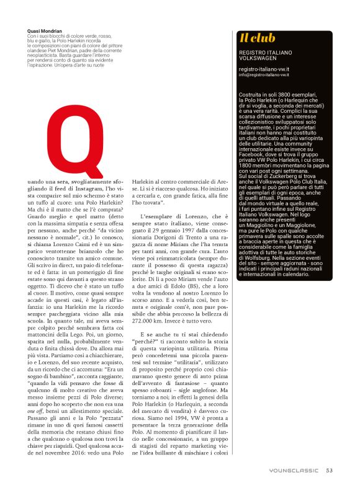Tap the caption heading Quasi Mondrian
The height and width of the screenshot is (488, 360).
click(45, 30)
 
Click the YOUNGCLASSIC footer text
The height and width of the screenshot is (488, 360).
click(294, 471)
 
